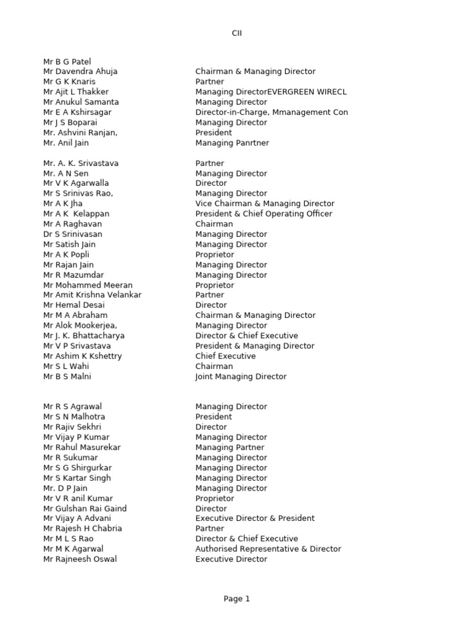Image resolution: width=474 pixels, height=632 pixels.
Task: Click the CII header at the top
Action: tap(237, 33)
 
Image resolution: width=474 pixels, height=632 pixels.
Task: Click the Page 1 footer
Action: tap(237, 599)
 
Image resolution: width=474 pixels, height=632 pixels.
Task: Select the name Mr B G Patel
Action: tap(67, 62)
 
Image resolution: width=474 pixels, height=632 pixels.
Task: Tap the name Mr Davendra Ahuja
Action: tap(80, 72)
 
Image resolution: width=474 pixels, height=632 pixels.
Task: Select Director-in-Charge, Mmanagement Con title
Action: tap(272, 112)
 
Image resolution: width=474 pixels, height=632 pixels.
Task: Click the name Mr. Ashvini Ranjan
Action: tap(80, 133)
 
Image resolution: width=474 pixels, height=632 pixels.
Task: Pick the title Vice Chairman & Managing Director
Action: tap(265, 204)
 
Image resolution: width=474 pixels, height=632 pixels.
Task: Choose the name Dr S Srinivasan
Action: tap(73, 235)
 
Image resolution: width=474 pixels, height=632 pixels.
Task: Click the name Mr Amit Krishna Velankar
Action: tap(93, 295)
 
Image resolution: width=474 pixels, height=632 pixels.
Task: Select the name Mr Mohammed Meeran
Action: tap(88, 285)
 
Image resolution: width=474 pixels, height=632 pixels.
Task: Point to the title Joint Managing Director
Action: tap(241, 376)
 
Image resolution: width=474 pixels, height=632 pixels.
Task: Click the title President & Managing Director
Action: tap(255, 346)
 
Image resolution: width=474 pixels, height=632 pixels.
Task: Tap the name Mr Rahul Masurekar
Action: tap(82, 447)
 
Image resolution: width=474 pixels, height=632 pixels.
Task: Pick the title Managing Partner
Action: tap(230, 447)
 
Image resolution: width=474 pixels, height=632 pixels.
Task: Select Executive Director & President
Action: tap(255, 518)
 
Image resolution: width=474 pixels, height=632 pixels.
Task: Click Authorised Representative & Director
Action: tap(268, 549)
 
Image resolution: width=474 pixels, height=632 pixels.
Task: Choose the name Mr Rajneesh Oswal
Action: tap(80, 559)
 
